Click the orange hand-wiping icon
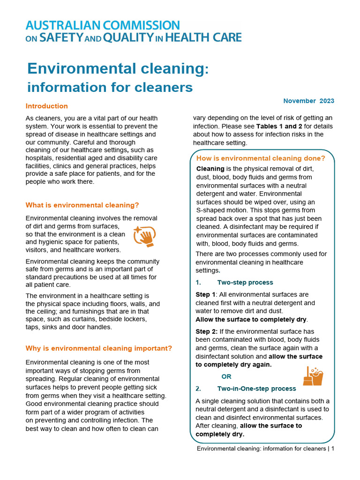pyautogui.click(x=144, y=236)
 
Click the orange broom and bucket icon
pyautogui.click(x=313, y=375)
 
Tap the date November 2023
pyautogui.click(x=308, y=101)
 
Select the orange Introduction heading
pyautogui.click(x=46, y=106)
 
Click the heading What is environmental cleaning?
pyautogui.click(x=82, y=205)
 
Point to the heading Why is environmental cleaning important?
pyautogui.click(x=98, y=348)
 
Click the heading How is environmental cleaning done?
pyautogui.click(x=260, y=158)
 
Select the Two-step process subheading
pyautogui.click(x=245, y=283)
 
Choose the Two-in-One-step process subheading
pyautogui.click(x=256, y=389)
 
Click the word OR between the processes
pyautogui.click(x=226, y=376)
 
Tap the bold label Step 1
pyautogui.click(x=206, y=294)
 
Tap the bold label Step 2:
pyautogui.click(x=207, y=331)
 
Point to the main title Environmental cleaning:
pyautogui.click(x=118, y=68)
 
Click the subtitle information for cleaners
pyautogui.click(x=110, y=88)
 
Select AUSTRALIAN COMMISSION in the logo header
pyautogui.click(x=102, y=25)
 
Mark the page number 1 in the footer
pyautogui.click(x=332, y=449)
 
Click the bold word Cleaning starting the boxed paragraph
pyautogui.click(x=210, y=169)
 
